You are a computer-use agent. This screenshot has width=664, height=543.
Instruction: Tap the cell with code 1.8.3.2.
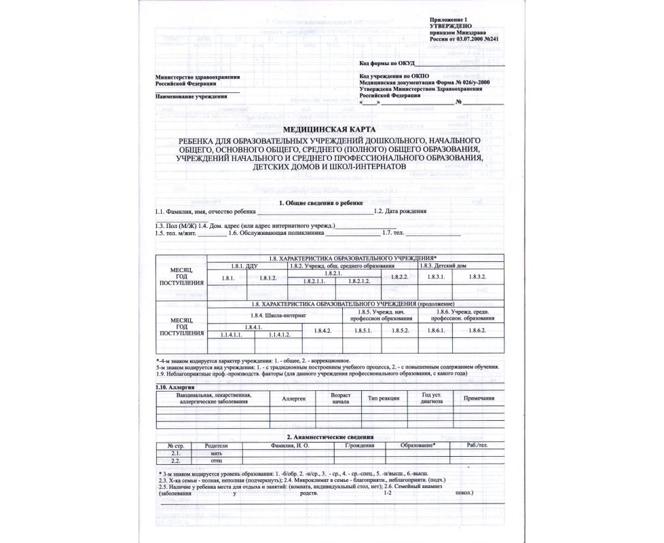tap(478, 277)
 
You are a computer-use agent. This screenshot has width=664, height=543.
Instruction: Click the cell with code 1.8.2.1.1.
tap(317, 281)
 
